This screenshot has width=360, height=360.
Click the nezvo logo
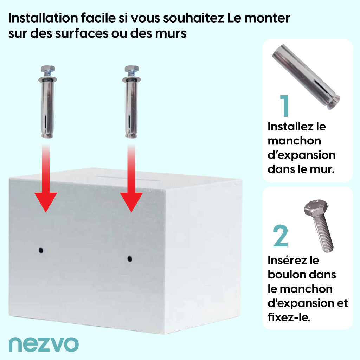44,344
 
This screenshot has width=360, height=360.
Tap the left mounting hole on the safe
41,250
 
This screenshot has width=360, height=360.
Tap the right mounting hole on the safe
130,259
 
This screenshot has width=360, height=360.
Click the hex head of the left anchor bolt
48,69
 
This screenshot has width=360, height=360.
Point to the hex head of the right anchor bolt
131,69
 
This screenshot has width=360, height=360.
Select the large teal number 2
280,236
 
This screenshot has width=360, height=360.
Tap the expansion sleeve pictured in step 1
306,77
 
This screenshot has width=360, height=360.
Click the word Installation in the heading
43,18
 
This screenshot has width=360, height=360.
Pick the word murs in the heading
171,33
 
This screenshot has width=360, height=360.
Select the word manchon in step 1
294,141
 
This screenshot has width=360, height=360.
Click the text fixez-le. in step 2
289,317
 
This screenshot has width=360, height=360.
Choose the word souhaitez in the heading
193,18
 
